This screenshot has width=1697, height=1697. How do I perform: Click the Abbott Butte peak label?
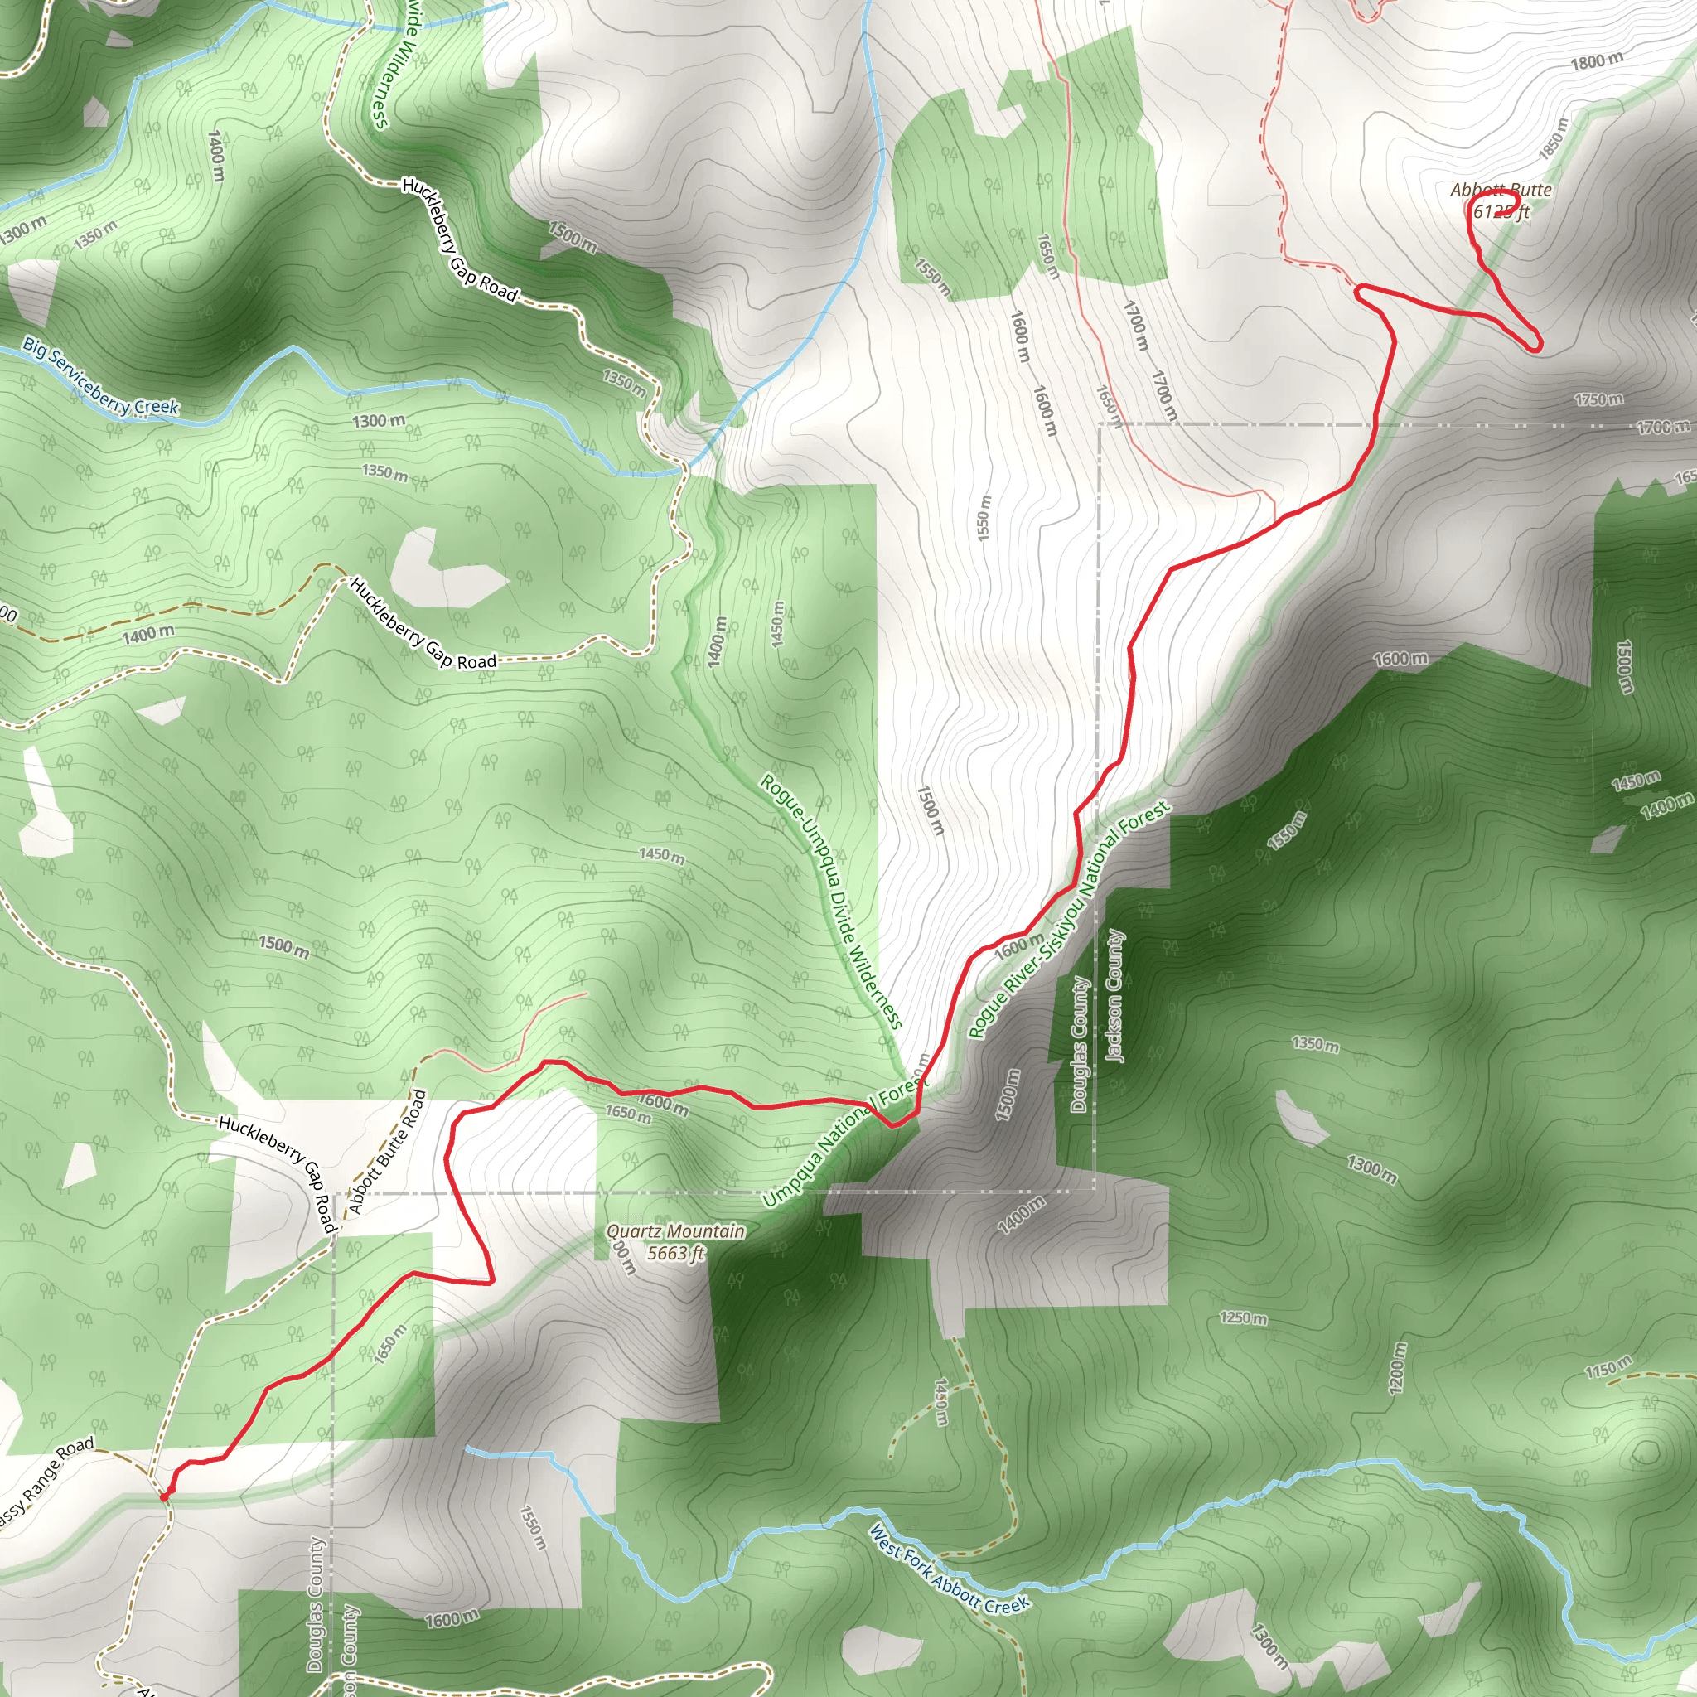click(x=1501, y=190)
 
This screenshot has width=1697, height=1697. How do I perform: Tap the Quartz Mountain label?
click(x=675, y=1231)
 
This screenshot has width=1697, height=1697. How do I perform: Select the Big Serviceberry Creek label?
click(x=100, y=376)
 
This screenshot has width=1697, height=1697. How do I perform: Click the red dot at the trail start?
click(x=164, y=1495)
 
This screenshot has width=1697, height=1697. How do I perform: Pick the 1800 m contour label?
click(x=1597, y=61)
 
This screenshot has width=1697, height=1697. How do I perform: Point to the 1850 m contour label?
click(x=1553, y=138)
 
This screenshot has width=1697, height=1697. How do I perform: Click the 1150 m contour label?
click(x=1608, y=1367)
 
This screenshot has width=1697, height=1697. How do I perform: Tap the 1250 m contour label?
click(x=1244, y=1318)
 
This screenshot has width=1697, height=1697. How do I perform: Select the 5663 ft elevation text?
click(x=675, y=1254)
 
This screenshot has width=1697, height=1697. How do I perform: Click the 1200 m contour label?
click(x=1399, y=1367)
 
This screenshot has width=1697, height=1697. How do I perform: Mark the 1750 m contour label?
click(x=1598, y=399)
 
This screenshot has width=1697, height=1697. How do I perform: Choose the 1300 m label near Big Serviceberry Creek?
click(x=379, y=421)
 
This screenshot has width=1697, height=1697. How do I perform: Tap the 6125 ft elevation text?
click(x=1502, y=211)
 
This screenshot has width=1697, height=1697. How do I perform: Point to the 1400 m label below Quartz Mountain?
click(x=1022, y=1216)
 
